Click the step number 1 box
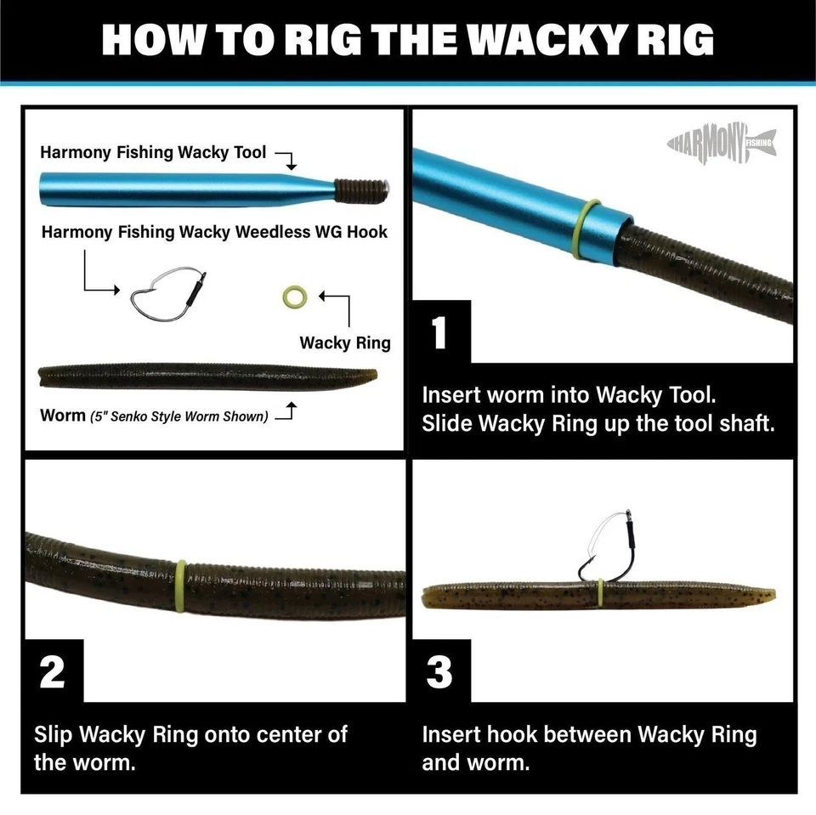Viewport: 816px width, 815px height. pyautogui.click(x=439, y=331)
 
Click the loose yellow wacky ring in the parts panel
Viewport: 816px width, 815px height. pyautogui.click(x=294, y=297)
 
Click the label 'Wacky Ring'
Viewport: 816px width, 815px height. pyautogui.click(x=344, y=342)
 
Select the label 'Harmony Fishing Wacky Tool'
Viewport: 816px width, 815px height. pyautogui.click(x=153, y=153)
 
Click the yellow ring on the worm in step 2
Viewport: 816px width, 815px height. pyautogui.click(x=180, y=586)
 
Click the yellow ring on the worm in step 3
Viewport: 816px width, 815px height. pyautogui.click(x=601, y=595)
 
